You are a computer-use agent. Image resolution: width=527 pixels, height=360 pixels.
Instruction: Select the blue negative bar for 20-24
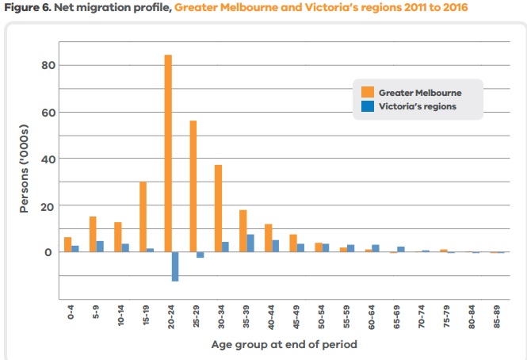pos(175,266)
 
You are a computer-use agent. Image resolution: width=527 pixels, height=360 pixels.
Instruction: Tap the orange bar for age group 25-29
pos(193,186)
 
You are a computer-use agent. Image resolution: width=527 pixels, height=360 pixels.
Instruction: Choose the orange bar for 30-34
pos(218,209)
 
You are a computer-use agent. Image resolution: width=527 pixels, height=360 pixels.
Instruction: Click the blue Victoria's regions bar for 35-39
pos(250,243)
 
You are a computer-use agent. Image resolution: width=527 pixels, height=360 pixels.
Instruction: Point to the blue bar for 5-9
pos(99,247)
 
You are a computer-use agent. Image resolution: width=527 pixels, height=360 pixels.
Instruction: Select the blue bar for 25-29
pos(200,255)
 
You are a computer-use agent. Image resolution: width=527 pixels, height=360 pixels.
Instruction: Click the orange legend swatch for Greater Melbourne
pos(367,91)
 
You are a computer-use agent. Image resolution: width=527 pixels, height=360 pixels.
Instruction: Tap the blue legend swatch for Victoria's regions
pos(367,106)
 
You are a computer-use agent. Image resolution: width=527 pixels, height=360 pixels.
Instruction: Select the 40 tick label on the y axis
pos(47,159)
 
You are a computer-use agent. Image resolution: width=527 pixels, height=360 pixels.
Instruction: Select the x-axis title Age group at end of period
pos(284,344)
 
